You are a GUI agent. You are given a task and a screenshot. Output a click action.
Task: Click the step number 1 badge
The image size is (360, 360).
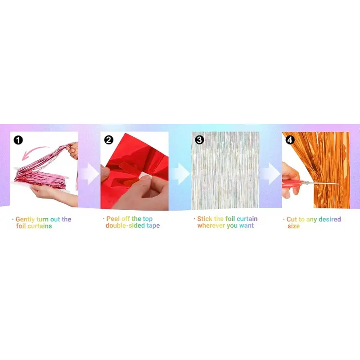point(18,140)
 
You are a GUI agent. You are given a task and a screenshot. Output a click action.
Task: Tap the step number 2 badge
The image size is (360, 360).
point(108,140)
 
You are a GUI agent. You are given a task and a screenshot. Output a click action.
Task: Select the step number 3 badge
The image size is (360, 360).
point(199,140)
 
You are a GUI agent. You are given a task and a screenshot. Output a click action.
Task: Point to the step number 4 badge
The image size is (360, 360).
point(290,140)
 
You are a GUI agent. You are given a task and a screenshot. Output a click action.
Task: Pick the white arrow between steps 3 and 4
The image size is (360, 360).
point(271,174)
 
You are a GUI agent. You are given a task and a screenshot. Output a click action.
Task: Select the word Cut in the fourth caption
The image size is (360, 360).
point(292,220)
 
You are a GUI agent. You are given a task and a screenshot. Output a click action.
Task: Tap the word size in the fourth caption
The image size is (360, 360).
point(293,226)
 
